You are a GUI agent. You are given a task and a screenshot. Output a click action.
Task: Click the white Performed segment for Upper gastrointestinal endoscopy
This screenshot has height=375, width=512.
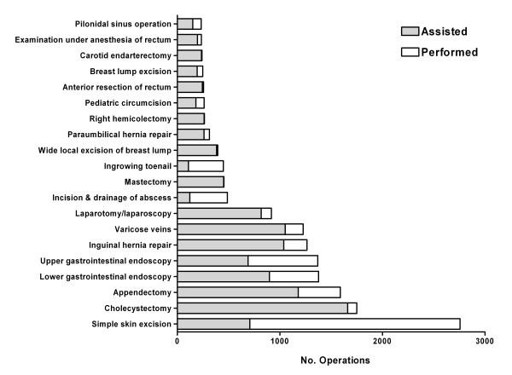[x=282, y=260]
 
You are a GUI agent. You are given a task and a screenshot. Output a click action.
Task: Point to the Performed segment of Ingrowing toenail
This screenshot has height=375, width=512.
[x=206, y=165]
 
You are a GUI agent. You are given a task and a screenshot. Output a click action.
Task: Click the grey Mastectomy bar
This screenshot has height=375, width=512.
[x=201, y=182]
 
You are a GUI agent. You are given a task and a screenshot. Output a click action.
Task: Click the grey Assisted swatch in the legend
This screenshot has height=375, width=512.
[x=411, y=32]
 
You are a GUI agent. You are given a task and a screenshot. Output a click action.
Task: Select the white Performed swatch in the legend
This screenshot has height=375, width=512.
[x=411, y=52]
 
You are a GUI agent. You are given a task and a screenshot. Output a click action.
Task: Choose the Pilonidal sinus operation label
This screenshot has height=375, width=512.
[x=118, y=24]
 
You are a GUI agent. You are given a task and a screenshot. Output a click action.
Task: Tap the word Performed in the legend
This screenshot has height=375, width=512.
[x=448, y=52]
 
